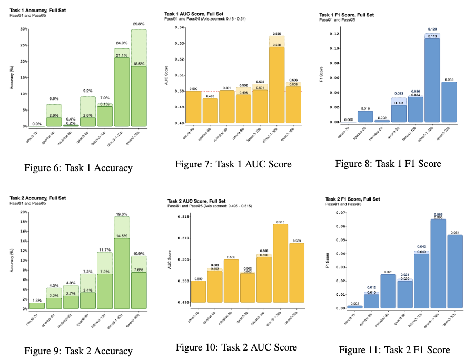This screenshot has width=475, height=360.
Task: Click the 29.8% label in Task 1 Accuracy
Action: [x=139, y=24]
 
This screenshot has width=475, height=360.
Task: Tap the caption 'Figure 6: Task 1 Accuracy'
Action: [x=78, y=168]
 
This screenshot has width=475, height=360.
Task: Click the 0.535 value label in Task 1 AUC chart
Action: [x=278, y=33]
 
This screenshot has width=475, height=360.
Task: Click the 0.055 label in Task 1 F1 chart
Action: [x=450, y=79]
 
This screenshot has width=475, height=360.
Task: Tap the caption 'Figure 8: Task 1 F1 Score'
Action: [x=388, y=164]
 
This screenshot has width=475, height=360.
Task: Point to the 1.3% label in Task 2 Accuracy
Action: [x=37, y=299]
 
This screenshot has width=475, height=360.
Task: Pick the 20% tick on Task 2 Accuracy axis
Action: [x=24, y=212]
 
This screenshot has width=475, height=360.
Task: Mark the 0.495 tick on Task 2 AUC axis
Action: [x=179, y=303]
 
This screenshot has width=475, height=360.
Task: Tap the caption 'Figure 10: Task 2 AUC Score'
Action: [x=236, y=347]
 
